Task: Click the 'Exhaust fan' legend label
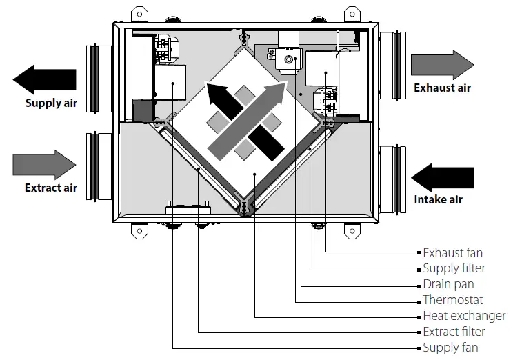tap(452, 253)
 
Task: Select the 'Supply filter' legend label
tap(454, 268)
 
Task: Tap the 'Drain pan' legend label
tap(448, 284)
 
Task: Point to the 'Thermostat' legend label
tap(452, 300)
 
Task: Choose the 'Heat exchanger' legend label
tap(464, 316)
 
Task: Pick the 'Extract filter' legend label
tap(454, 332)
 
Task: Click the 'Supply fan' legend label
tap(450, 348)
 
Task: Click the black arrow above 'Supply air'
tap(45, 81)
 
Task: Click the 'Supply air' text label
tap(51, 104)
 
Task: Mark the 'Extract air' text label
tap(51, 188)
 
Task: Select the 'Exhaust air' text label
tap(442, 88)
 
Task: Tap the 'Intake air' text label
tap(439, 200)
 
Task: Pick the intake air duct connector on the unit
tap(390, 176)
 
